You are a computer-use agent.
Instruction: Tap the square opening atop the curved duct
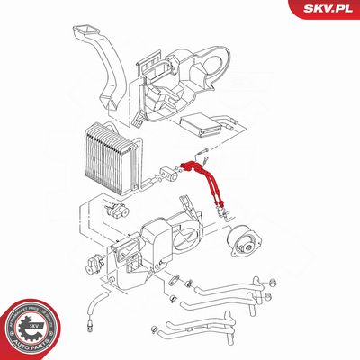tap(90, 33)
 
